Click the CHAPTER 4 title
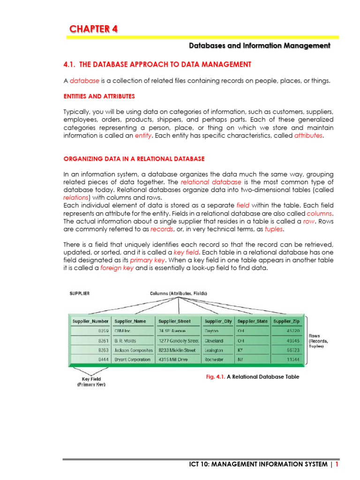[x=94, y=29]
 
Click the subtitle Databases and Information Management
[x=259, y=45]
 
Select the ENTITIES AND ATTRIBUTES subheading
[x=99, y=96]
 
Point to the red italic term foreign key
[x=117, y=269]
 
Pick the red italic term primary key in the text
[x=145, y=260]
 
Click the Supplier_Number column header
[x=90, y=321]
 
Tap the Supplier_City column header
[x=218, y=321]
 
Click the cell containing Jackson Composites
[x=134, y=350]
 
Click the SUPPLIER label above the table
[x=79, y=293]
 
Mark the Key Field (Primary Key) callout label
[x=91, y=382]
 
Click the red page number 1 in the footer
[x=337, y=464]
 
